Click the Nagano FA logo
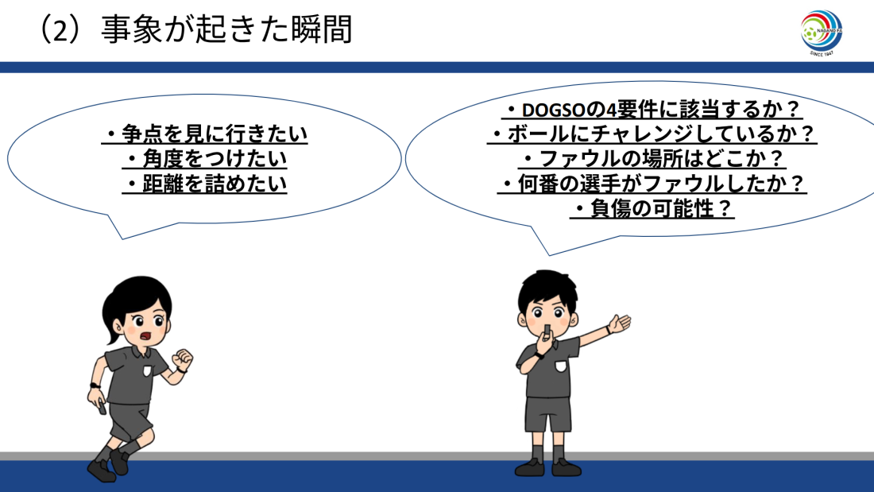(821, 33)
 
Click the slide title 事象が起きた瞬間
(226, 29)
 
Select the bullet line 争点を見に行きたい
(204, 134)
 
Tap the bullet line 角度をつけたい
(204, 159)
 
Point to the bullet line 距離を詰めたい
(204, 184)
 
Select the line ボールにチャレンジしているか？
(652, 134)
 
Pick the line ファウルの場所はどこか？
(652, 159)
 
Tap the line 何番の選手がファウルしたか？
(652, 184)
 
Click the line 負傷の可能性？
(652, 208)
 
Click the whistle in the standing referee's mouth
(547, 331)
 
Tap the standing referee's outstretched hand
(619, 323)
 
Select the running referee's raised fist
(182, 360)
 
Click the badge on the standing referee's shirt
(560, 366)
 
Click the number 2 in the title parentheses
(60, 32)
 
